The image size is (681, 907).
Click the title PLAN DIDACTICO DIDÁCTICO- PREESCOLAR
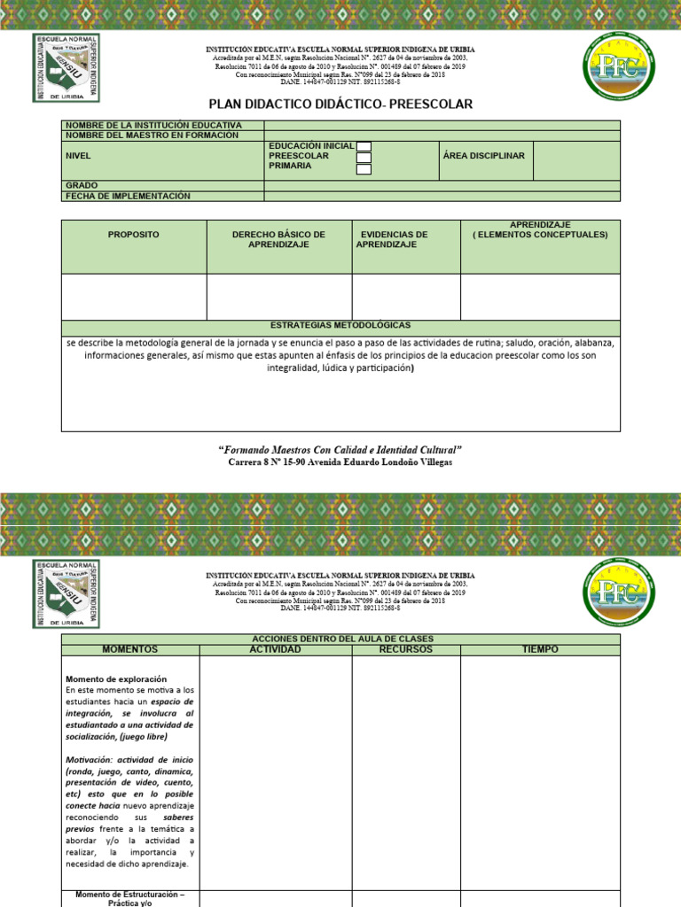point(340,104)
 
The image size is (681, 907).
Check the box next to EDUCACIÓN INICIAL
point(364,147)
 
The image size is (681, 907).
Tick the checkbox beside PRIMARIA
point(364,168)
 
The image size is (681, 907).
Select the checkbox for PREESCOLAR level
point(364,158)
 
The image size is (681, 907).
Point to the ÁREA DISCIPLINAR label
point(483,156)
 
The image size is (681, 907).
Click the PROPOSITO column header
point(133,235)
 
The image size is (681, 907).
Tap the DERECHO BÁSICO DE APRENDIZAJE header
point(278,239)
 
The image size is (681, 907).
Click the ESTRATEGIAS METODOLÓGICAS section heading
point(340,326)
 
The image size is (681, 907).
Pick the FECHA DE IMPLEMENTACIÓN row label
point(128,196)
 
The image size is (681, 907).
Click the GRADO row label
point(82,186)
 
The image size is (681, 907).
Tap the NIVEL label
point(78,156)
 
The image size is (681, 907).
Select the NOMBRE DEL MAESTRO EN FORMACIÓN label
point(152,136)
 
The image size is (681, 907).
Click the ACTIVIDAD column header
point(275,649)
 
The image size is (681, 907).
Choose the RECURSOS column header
point(405,649)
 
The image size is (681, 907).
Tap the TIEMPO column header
point(540,649)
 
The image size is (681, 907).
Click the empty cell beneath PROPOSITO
point(133,297)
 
